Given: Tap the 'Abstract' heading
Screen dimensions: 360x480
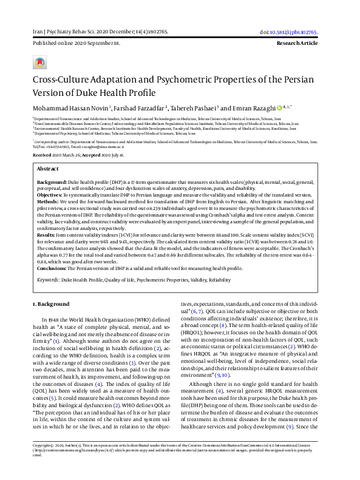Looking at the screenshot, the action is coord(48,168).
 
